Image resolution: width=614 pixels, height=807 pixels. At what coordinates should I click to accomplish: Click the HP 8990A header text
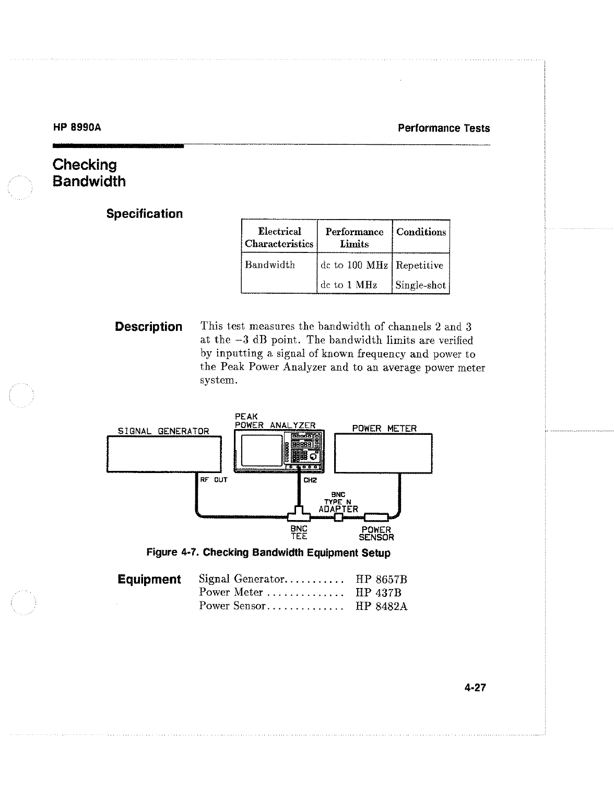click(77, 128)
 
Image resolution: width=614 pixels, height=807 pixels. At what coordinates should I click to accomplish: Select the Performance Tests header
click(443, 128)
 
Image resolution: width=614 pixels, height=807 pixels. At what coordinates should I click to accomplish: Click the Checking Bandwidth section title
click(89, 173)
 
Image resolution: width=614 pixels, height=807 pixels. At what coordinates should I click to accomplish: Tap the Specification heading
click(144, 214)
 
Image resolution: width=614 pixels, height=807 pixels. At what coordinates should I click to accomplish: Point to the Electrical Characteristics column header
click(279, 238)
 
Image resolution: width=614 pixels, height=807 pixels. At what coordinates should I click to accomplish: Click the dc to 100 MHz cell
click(354, 265)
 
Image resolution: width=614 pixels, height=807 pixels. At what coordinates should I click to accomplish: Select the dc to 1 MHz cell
click(348, 285)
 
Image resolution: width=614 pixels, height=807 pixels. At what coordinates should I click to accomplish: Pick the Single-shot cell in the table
click(420, 285)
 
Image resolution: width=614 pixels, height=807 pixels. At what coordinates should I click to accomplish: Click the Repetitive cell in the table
click(419, 265)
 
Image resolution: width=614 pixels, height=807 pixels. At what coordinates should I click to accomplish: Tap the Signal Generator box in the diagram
click(164, 454)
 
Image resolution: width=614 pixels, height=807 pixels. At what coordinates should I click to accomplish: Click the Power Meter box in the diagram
click(383, 454)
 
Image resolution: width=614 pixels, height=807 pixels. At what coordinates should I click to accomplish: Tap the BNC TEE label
click(299, 533)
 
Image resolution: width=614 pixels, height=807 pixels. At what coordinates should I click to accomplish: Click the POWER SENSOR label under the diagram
click(376, 533)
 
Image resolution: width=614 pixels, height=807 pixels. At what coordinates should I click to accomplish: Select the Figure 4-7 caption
click(268, 552)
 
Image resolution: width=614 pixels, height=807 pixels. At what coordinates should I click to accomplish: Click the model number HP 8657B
click(381, 579)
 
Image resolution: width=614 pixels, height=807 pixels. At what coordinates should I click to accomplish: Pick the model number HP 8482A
click(381, 606)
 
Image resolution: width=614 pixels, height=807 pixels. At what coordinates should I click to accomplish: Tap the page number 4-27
click(475, 687)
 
